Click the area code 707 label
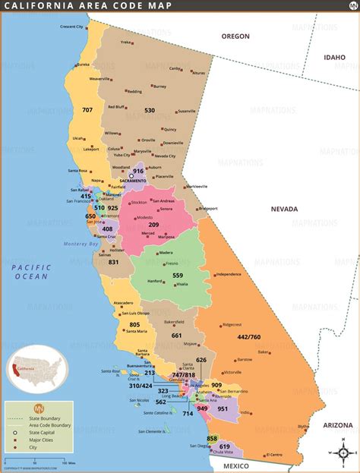pos(87,110)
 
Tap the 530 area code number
pos(150,110)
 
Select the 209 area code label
pos(153,225)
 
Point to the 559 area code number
pos(178,276)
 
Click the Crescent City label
pos(72,27)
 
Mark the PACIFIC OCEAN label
pos(31,272)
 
